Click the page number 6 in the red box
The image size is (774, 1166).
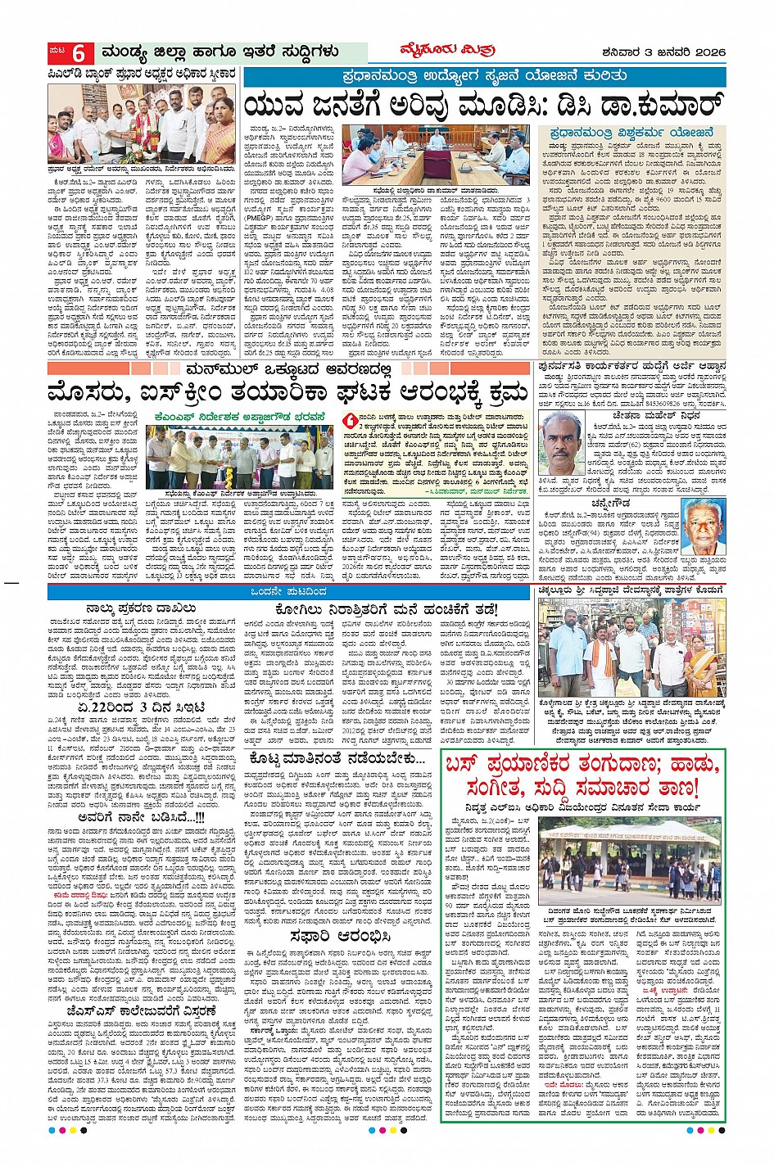[x=79, y=54]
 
